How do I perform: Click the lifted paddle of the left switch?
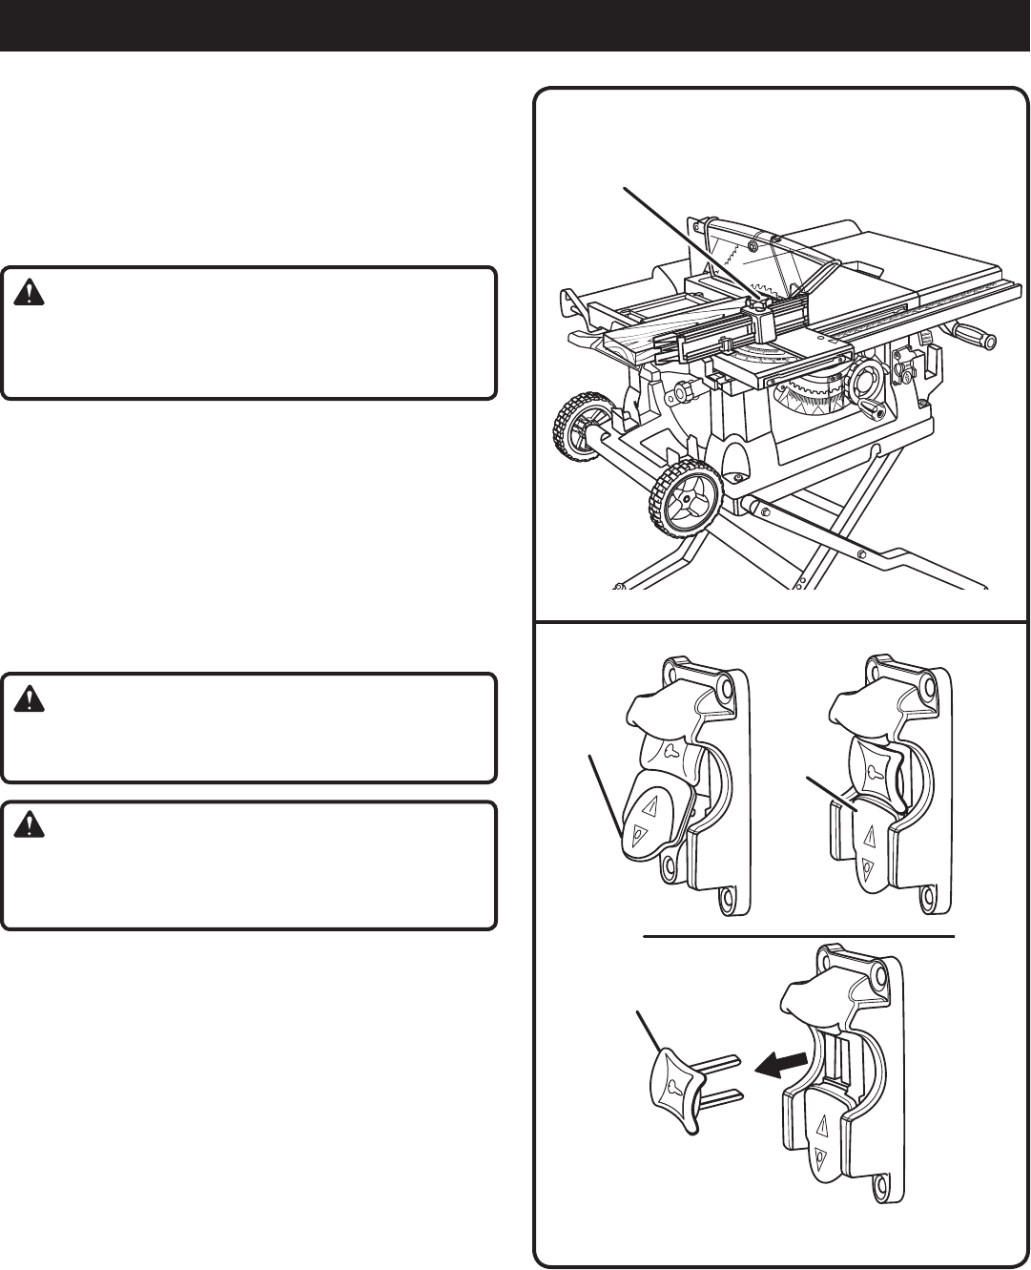point(650,818)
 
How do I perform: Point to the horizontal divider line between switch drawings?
point(799,937)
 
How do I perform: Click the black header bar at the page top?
point(515,25)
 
